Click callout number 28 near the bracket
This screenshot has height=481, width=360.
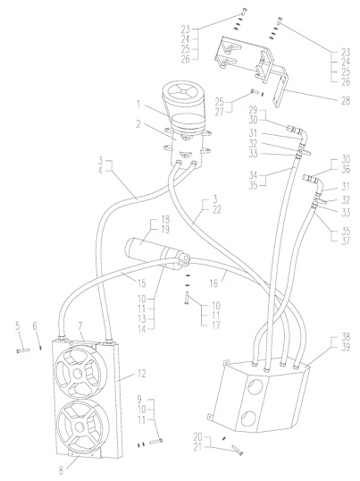pos(346,101)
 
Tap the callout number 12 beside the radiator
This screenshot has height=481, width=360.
pos(141,374)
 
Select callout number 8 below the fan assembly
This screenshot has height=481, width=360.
pos(61,470)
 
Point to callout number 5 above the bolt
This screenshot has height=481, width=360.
pos(18,326)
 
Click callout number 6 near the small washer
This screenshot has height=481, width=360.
pos(35,326)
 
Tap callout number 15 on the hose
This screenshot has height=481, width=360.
pos(141,283)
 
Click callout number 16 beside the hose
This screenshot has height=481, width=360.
pos(213,283)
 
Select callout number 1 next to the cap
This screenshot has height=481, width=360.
pos(138,105)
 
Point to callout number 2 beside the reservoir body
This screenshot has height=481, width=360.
pos(138,125)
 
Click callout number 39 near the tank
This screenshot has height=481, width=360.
pos(346,347)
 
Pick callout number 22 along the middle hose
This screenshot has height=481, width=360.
pos(216,210)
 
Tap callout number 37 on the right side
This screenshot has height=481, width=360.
pos(346,241)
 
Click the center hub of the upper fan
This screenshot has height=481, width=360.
pos(77,373)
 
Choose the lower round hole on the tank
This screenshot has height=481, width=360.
pos(248,419)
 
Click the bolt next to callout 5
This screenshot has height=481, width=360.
pos(22,350)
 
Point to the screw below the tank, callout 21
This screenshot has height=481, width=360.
pos(238,450)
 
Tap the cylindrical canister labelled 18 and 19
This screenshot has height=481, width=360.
pos(153,252)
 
